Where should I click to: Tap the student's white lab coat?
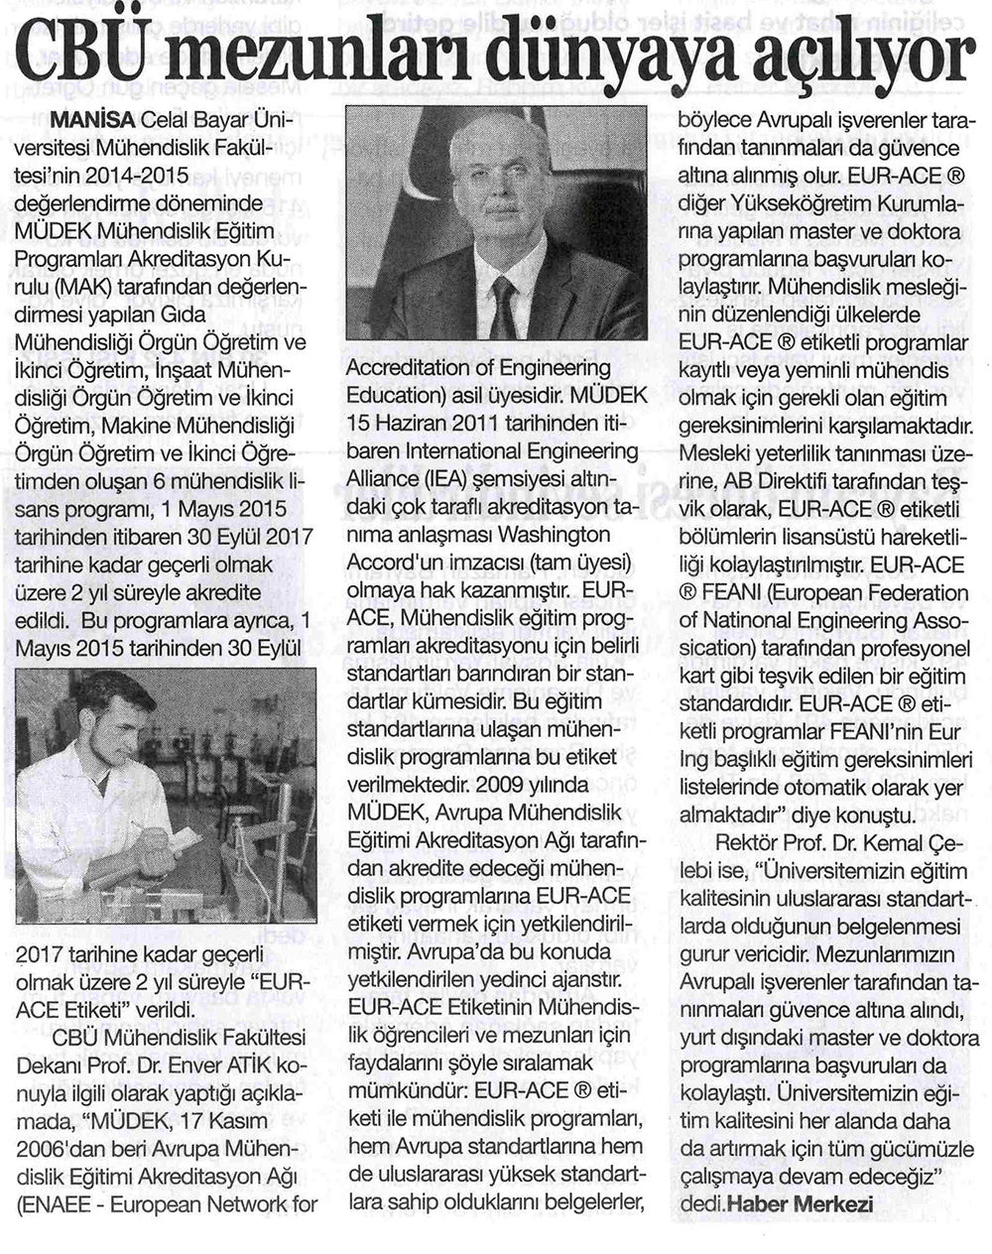coord(79,823)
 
